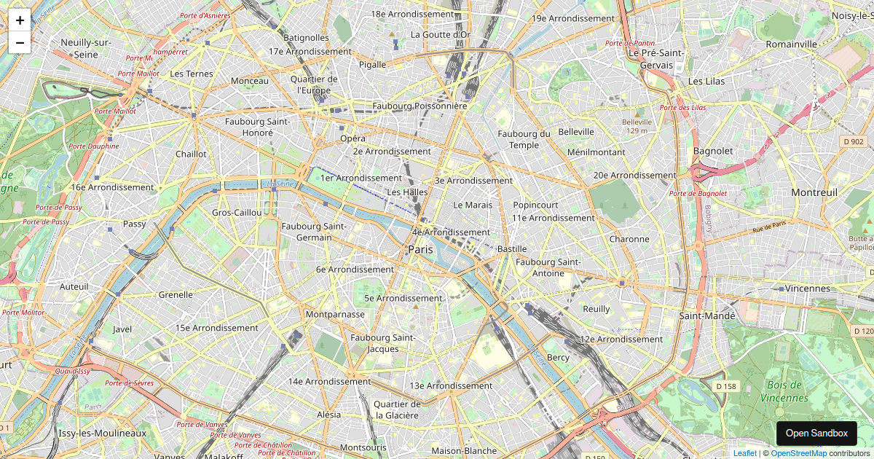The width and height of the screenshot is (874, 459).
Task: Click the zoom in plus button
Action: (x=20, y=20)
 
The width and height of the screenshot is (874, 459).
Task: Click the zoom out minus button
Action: (x=20, y=42)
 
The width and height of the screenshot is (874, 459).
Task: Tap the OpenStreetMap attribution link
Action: (x=798, y=453)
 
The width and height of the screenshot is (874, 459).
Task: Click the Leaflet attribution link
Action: (x=744, y=453)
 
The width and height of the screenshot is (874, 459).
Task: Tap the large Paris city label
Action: (x=420, y=250)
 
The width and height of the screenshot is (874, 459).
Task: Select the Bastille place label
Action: (x=511, y=249)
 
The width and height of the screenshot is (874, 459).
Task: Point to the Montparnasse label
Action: (x=335, y=314)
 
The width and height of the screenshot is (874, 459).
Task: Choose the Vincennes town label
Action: (x=808, y=289)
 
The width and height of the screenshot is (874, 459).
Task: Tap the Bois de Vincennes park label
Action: (x=784, y=391)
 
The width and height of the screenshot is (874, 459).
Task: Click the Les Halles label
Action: (x=407, y=192)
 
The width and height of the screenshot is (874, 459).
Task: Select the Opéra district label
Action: (x=353, y=138)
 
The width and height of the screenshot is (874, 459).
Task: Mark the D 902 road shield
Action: (x=852, y=141)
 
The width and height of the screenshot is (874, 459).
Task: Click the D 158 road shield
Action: (x=725, y=385)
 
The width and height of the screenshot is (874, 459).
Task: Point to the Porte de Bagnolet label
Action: (x=698, y=193)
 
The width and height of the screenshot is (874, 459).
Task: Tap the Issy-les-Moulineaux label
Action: (x=102, y=433)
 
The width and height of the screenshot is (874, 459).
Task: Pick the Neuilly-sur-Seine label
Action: (x=85, y=48)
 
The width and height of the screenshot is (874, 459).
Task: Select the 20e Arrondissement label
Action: (x=634, y=175)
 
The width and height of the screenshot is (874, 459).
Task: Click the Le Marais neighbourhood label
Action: (x=473, y=205)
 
